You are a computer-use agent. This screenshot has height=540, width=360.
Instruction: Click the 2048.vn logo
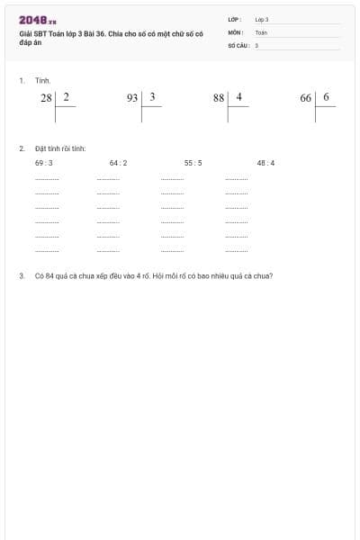click(x=38, y=20)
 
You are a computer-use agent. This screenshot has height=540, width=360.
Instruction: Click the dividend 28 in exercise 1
click(x=47, y=98)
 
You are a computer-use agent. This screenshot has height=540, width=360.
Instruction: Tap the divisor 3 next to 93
click(x=153, y=96)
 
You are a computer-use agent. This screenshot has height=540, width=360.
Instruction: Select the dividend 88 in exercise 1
click(x=219, y=98)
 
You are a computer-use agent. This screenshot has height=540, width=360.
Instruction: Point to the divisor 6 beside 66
click(x=326, y=96)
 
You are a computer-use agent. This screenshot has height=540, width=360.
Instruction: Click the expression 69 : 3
click(x=44, y=163)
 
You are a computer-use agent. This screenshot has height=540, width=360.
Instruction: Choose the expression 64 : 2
click(x=118, y=163)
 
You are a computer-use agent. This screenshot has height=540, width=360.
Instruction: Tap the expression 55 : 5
click(x=193, y=163)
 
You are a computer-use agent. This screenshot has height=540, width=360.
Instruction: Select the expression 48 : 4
click(x=265, y=163)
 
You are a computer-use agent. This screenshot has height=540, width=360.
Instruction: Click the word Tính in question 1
click(x=43, y=80)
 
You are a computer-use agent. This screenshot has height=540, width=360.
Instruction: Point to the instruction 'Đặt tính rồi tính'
click(x=60, y=148)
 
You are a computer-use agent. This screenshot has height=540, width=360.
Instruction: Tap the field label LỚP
click(x=235, y=19)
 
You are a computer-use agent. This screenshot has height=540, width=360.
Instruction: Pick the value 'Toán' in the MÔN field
click(x=261, y=31)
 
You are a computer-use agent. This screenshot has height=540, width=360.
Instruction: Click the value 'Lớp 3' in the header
click(x=262, y=19)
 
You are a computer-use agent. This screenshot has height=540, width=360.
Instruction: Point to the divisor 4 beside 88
click(x=239, y=96)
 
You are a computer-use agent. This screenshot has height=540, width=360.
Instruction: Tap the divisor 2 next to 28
click(x=66, y=96)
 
